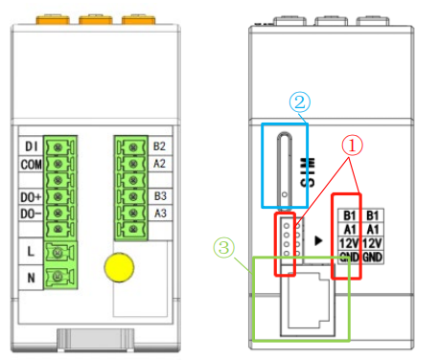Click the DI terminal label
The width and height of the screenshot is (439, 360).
tap(32, 146)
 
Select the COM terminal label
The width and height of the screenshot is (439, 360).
tap(31, 165)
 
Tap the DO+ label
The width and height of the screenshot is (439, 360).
tap(31, 197)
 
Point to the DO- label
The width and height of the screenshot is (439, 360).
tap(31, 214)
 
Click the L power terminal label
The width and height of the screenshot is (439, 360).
tap(31, 252)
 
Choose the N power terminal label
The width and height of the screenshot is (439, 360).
tap(31, 278)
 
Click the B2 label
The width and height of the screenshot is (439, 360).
tap(159, 146)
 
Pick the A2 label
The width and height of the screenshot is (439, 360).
tap(159, 164)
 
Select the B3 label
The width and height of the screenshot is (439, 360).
tap(160, 196)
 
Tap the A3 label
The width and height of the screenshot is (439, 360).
tap(160, 213)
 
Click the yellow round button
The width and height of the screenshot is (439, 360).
tap(119, 267)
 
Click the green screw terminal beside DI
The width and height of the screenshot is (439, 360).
tap(60, 147)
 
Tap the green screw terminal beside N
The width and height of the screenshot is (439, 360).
tap(60, 277)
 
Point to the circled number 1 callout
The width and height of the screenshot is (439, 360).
tap(352, 146)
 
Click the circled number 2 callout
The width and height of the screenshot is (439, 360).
tap(300, 102)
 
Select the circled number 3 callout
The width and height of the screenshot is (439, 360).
tap(224, 248)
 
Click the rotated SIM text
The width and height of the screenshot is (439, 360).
tap(308, 172)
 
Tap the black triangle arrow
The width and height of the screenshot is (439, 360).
tap(318, 240)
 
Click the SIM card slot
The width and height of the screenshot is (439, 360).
tap(285, 170)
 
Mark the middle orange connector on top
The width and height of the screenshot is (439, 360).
tap(96, 19)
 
